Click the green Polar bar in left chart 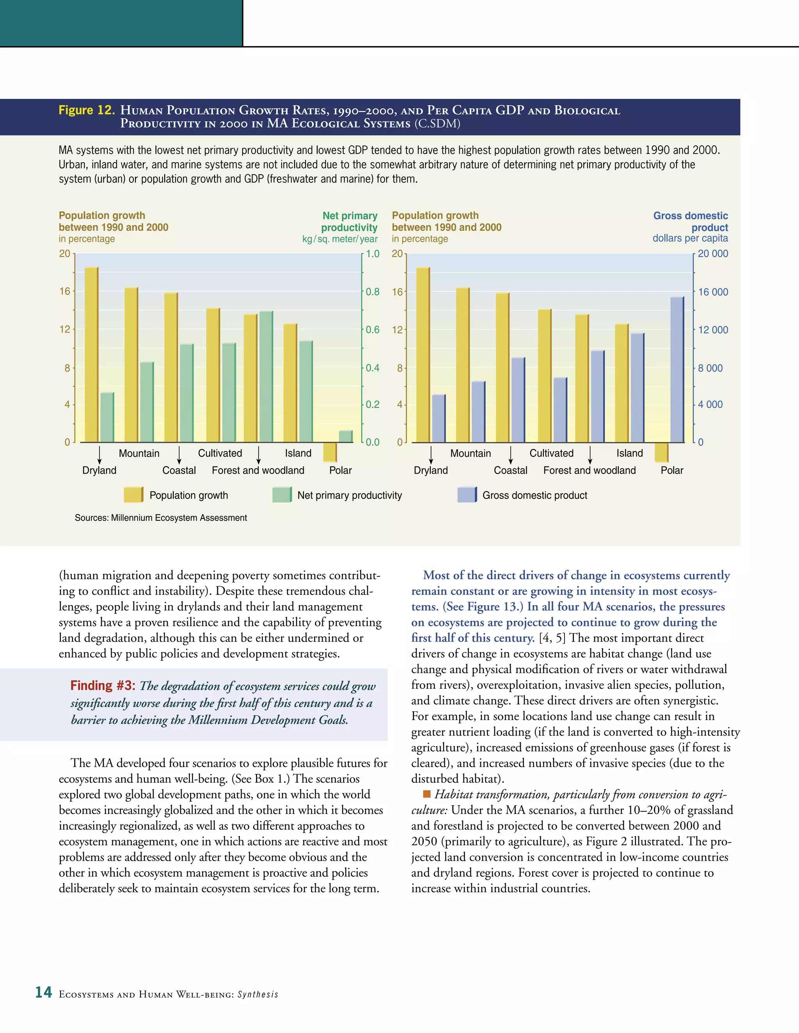coord(346,436)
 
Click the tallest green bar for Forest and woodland coord(266,377)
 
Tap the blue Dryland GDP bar coord(438,419)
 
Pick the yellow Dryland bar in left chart coord(91,355)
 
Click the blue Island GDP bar coord(637,388)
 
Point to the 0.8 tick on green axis coord(373,292)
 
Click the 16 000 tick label coord(713,292)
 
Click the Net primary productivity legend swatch coord(282,495)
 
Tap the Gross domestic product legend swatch coord(467,495)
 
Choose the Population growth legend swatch coord(133,495)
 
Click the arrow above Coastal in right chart coord(511,455)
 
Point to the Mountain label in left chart coord(139,453)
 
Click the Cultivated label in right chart coord(551,453)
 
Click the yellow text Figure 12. coord(87,110)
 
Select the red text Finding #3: coord(103,685)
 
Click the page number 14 coord(44,992)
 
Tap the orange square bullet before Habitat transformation coord(426,794)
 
